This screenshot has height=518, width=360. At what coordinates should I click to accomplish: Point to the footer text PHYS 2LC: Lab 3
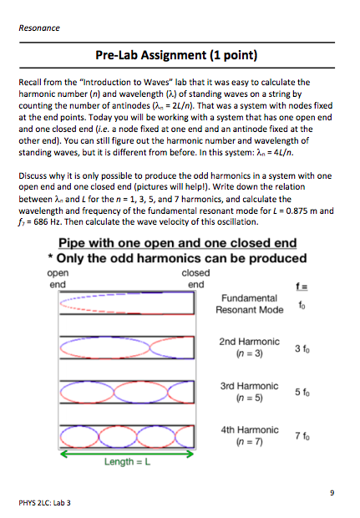pyautogui.click(x=51, y=503)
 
